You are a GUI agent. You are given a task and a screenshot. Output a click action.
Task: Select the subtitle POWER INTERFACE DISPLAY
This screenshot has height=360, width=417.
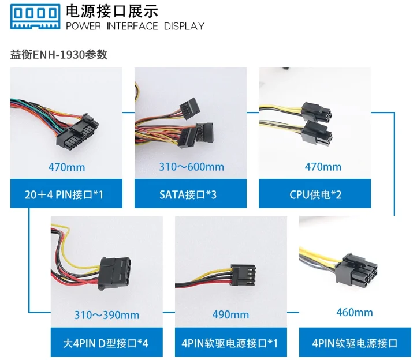click(135, 26)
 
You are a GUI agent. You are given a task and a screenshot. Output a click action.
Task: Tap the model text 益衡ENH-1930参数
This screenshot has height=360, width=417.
click(59, 55)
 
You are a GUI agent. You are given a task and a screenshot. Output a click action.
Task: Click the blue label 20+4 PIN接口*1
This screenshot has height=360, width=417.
click(66, 194)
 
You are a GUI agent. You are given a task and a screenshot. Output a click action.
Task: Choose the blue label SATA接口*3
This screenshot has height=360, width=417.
click(191, 194)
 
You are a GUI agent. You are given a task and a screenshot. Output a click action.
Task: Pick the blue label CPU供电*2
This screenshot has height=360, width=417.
click(315, 194)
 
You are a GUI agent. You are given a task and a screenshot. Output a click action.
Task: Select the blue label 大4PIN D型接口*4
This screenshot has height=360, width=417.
click(106, 343)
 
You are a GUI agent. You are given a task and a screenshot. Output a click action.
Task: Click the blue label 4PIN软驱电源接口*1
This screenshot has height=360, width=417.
click(230, 343)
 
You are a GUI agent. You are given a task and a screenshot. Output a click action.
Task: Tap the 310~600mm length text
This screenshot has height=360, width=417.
click(191, 167)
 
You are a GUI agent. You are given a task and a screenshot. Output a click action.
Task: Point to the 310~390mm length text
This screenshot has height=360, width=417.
click(106, 315)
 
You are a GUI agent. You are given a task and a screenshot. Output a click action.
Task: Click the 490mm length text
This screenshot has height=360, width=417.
click(230, 315)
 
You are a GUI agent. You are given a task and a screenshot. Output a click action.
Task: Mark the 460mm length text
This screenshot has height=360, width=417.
click(355, 313)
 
